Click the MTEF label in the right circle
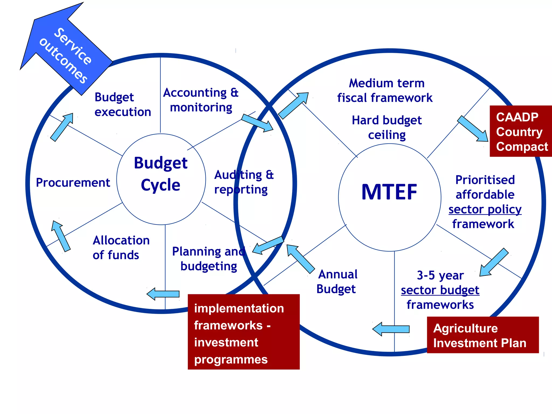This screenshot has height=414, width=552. point(389,192)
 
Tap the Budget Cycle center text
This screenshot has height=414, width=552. point(161,174)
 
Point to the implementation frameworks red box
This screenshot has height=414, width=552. point(243,332)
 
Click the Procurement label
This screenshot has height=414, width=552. point(73,183)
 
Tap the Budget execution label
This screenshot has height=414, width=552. point(123,105)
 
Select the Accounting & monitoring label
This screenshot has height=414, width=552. point(201,100)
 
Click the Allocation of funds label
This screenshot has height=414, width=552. point(121,247)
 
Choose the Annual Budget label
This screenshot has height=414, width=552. point(337,281)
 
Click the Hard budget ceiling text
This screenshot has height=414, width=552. point(387,127)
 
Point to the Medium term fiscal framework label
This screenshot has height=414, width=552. point(386,91)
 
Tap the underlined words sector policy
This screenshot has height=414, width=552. point(485,209)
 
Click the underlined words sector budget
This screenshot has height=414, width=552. point(440,290)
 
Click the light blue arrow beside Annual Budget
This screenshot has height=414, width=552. point(300,258)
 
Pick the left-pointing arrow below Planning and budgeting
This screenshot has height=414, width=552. point(163,294)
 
